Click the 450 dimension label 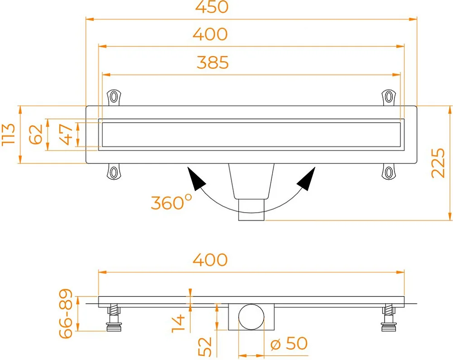pyautogui.click(x=212, y=7)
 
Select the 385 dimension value pyautogui.click(x=212, y=63)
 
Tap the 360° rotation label pyautogui.click(x=171, y=202)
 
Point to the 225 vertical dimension pyautogui.click(x=438, y=163)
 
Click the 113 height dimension pyautogui.click(x=8, y=134)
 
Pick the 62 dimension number pyautogui.click(x=36, y=135)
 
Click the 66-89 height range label pyautogui.click(x=65, y=313)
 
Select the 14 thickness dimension pyautogui.click(x=178, y=324)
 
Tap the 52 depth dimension pyautogui.click(x=205, y=347)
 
